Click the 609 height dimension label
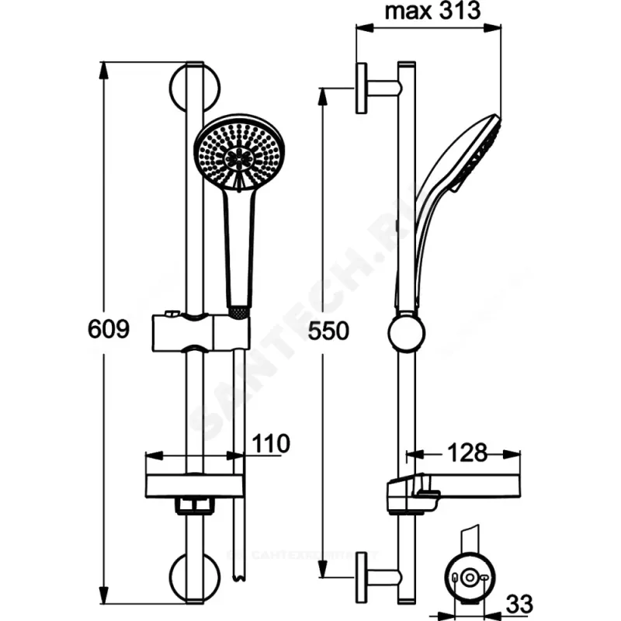pyautogui.click(x=109, y=329)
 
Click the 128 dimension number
pyautogui.click(x=467, y=452)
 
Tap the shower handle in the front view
pyautogui.click(x=238, y=248)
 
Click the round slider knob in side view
pyautogui.click(x=406, y=332)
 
